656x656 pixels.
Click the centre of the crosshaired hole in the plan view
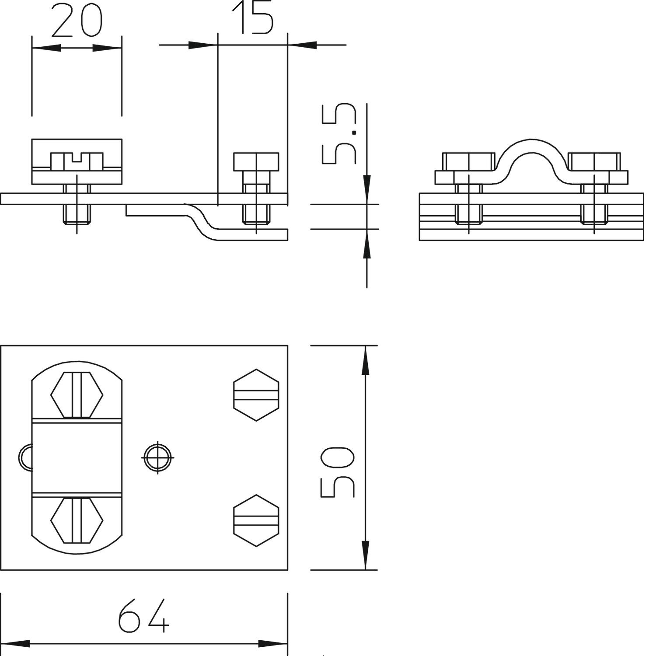coord(157,457)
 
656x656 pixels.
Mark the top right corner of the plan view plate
coord(287,345)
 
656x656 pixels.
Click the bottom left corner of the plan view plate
coord(1,570)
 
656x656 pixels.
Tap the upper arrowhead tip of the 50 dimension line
coord(365,346)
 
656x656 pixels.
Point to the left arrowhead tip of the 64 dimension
coord(1,644)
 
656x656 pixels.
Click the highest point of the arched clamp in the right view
coord(532,140)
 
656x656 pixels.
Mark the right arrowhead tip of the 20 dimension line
coord(121,48)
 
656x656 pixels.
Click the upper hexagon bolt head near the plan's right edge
coord(256,395)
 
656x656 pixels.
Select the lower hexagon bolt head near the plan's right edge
coord(256,520)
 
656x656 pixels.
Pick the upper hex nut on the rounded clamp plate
coord(77,395)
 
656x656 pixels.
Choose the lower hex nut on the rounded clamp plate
coord(77,520)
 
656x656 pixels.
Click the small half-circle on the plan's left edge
coord(25,457)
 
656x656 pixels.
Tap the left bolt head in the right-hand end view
coord(468,162)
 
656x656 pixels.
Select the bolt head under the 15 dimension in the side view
coord(256,162)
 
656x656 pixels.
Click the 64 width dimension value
coord(143,616)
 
